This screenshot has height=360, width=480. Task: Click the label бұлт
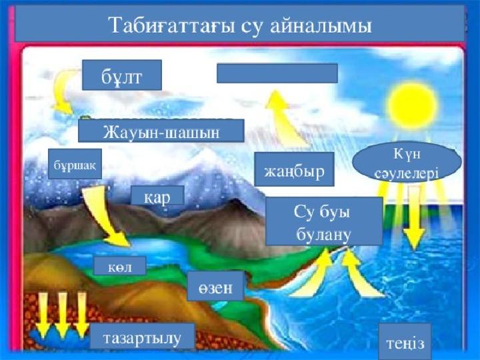[x=122, y=75]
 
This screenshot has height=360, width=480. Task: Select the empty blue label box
[x=277, y=73]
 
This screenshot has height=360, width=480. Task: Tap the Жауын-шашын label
[x=161, y=131]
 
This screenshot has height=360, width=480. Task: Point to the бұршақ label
[x=75, y=164]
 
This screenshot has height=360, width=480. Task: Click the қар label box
[x=157, y=195]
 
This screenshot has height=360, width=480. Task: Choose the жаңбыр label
[x=294, y=169]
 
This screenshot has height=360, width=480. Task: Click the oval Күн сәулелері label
[x=407, y=163]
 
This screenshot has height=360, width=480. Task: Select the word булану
[x=323, y=235]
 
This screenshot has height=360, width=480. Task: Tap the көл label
[x=120, y=266]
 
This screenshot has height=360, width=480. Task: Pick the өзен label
[x=215, y=286]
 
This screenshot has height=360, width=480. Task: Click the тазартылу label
[x=143, y=336]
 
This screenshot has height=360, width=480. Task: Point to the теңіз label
[x=405, y=341]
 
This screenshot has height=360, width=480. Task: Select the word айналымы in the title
[x=321, y=25]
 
